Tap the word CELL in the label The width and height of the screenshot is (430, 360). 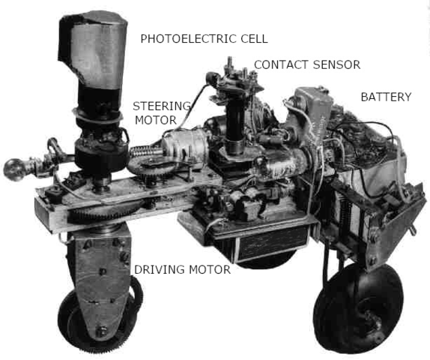(254, 39)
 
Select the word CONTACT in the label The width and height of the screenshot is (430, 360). (282, 64)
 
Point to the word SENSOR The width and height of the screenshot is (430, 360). (336, 64)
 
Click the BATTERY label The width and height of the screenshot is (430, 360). (386, 97)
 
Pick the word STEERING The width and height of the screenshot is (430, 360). (162, 106)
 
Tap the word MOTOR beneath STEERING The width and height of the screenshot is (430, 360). (156, 120)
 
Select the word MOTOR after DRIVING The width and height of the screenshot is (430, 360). (210, 270)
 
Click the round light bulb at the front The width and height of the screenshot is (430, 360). (12, 169)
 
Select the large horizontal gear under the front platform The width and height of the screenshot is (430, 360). (106, 211)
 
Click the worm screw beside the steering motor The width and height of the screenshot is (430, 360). (145, 151)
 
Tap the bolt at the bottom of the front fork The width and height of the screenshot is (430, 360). (101, 331)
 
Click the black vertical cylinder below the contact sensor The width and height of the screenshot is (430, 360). (235, 124)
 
